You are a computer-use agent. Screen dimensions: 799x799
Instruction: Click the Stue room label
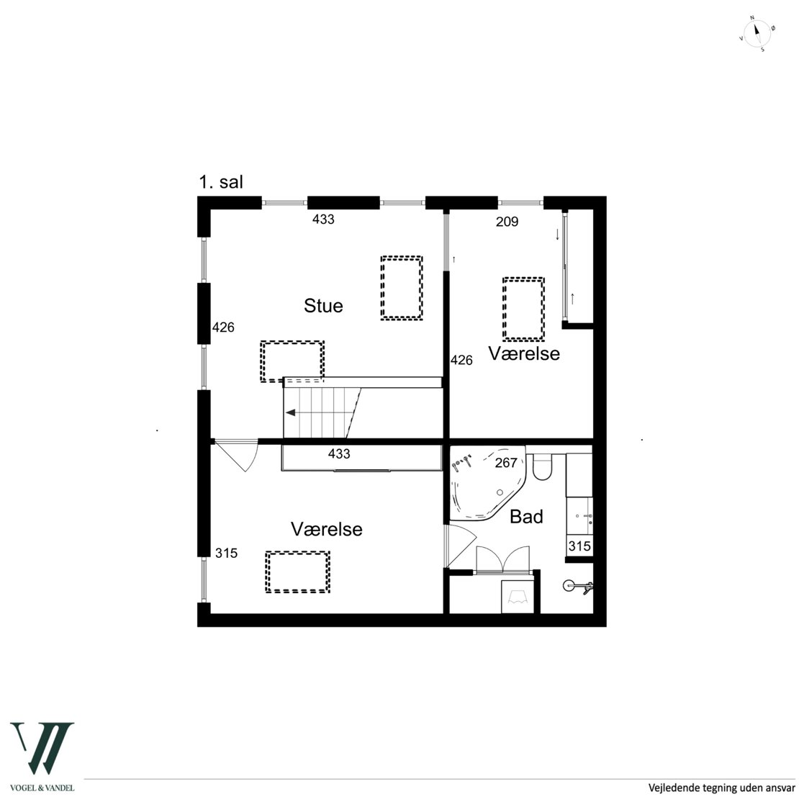323,306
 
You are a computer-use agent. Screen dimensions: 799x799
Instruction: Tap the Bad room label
526,517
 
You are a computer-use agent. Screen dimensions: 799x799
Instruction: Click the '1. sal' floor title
221,182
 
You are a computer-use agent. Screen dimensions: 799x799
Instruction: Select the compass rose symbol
757,34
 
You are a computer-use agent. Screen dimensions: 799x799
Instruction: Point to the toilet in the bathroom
542,466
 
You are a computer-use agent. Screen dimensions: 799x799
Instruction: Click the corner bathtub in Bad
487,483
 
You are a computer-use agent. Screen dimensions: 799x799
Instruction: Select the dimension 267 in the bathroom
506,463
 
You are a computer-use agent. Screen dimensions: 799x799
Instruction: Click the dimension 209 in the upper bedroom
507,222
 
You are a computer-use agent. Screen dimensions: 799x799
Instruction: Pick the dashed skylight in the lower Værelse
297,572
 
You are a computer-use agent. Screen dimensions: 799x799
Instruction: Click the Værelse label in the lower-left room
327,529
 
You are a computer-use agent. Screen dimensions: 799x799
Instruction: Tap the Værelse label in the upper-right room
524,353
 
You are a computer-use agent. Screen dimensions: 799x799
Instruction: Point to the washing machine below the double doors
518,597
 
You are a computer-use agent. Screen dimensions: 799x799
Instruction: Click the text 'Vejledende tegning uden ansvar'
721,787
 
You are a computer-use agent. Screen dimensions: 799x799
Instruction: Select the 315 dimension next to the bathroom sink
579,546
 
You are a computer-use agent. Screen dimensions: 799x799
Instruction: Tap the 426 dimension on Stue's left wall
223,327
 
